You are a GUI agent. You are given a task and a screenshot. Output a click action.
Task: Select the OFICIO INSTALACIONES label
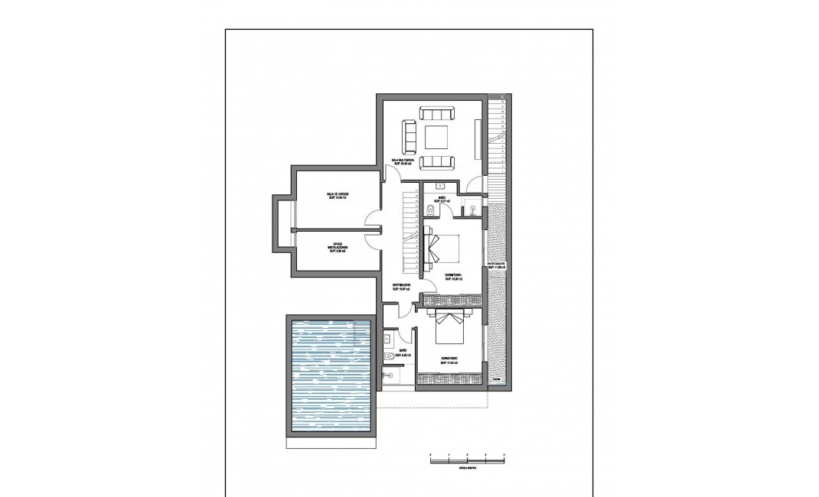point(337,248)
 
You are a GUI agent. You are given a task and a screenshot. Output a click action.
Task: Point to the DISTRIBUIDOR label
point(401,287)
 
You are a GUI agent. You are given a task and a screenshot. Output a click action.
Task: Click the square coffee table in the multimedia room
point(437,138)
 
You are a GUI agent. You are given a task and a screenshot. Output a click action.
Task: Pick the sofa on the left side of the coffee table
point(410,138)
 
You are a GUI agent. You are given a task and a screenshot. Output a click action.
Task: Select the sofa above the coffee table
point(437,114)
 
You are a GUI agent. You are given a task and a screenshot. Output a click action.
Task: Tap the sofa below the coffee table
point(437,161)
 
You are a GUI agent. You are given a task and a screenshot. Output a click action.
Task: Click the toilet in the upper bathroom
point(431,209)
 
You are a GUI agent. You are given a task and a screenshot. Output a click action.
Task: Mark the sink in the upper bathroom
point(442,186)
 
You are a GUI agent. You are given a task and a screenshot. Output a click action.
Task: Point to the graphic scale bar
point(468,456)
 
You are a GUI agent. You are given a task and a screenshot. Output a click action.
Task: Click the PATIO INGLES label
point(496,265)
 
